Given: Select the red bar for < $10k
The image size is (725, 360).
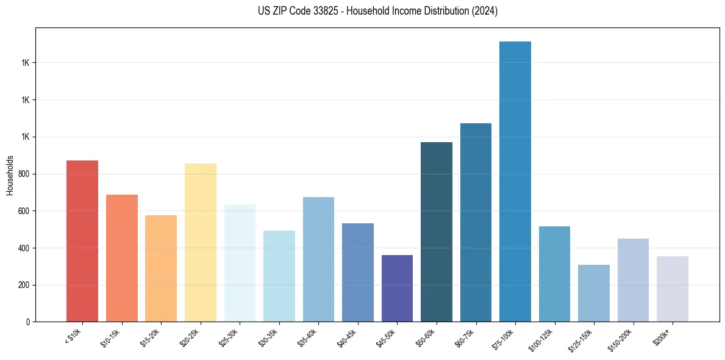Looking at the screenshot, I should tap(82, 241).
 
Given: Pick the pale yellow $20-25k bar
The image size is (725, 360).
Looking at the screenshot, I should tap(201, 242).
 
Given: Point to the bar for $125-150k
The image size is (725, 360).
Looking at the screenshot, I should tap(594, 293).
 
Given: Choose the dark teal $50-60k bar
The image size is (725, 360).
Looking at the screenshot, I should tap(437, 232).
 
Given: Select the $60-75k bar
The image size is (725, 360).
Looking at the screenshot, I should tap(476, 222).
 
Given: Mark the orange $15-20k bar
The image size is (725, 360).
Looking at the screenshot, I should tap(161, 268).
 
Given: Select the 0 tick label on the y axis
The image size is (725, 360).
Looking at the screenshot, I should tap(27, 322).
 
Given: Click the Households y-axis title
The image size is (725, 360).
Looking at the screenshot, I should tap(10, 175).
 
